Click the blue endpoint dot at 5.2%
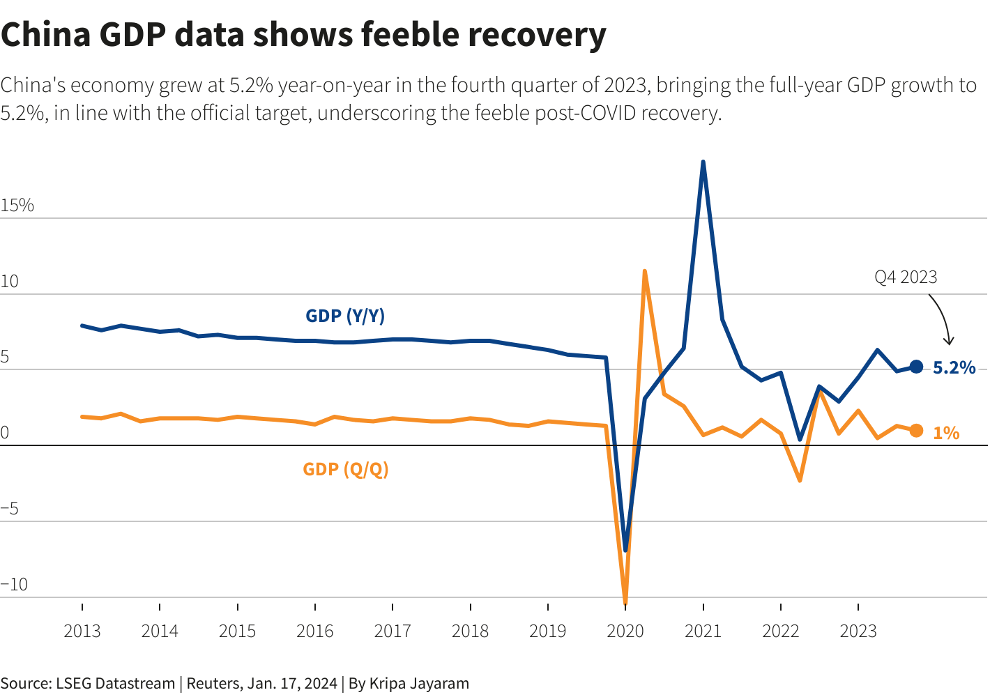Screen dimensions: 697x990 (916, 367)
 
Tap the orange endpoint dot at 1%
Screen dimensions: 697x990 (916, 431)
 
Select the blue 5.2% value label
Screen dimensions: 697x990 (954, 367)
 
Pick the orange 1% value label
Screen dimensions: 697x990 (946, 433)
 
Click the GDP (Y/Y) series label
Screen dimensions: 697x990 (345, 316)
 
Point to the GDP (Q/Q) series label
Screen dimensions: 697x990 (345, 469)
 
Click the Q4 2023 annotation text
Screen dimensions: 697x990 (906, 277)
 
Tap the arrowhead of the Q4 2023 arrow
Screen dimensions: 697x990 (948, 342)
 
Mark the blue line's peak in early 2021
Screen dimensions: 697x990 (703, 162)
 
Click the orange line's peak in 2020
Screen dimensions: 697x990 (645, 270)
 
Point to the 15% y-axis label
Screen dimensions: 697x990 (17, 205)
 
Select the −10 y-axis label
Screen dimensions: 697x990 (15, 584)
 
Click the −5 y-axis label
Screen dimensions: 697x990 (10, 508)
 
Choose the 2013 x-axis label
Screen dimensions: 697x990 (82, 631)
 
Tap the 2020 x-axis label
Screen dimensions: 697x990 (625, 631)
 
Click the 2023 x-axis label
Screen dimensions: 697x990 (858, 631)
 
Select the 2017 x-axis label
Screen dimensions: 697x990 (393, 631)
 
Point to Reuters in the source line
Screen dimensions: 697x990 (213, 683)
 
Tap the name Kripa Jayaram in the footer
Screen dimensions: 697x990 (419, 683)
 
